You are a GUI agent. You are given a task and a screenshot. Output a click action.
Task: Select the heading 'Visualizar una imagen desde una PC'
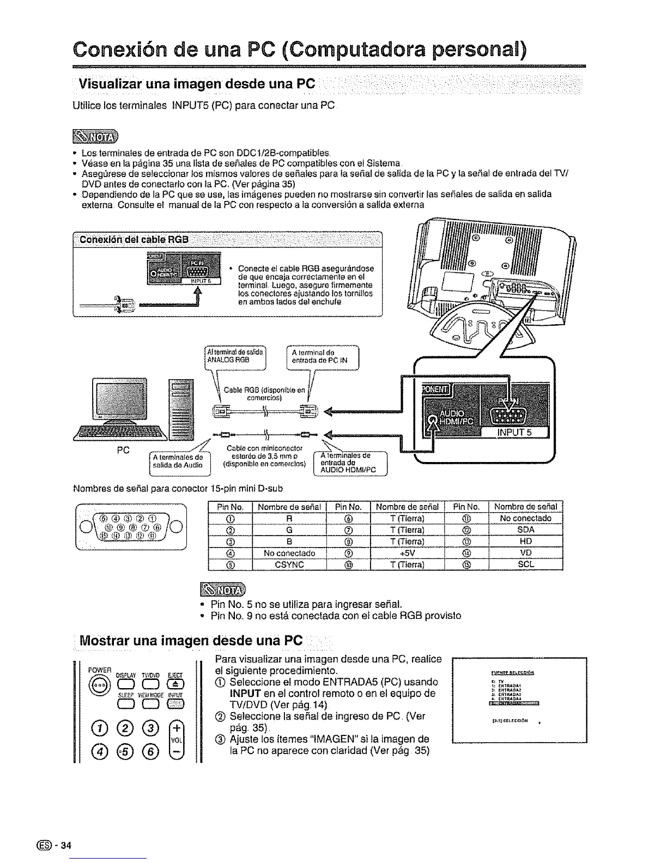197,85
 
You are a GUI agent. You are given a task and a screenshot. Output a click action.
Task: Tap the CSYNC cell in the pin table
289,564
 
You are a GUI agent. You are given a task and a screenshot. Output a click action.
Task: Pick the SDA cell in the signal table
525,530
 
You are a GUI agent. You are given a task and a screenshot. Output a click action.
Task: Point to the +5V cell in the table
407,553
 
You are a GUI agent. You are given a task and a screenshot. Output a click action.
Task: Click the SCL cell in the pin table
525,564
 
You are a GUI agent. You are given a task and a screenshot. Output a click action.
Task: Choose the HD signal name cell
525,541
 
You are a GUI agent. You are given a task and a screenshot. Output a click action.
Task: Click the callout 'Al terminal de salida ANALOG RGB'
234,356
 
